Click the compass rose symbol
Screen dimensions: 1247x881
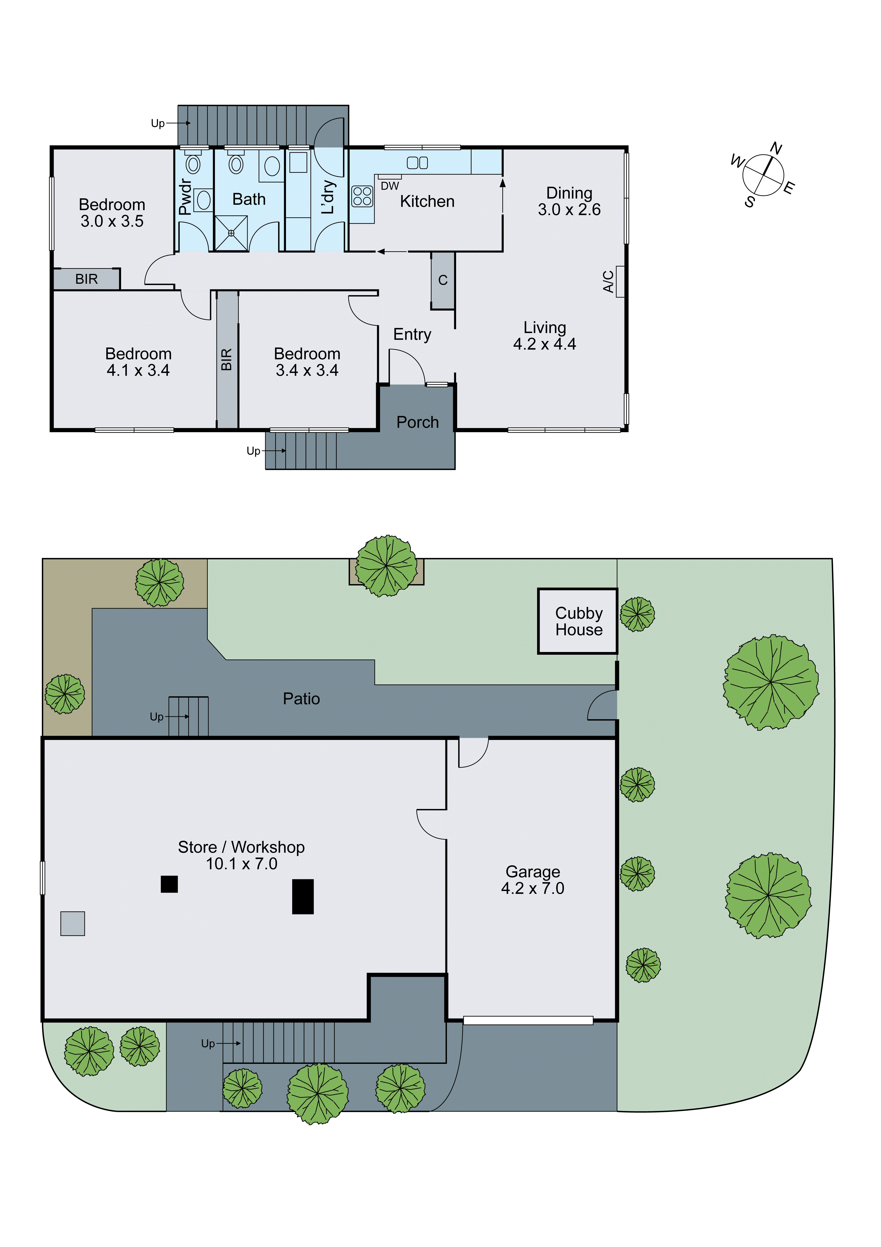pyautogui.click(x=763, y=175)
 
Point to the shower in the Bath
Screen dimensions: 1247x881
pyautogui.click(x=231, y=233)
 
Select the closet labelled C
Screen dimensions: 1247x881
pyautogui.click(x=443, y=280)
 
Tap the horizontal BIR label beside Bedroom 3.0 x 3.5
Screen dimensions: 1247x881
pyautogui.click(x=86, y=279)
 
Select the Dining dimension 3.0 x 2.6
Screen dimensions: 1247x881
pyautogui.click(x=569, y=210)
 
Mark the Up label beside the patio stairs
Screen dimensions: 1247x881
pyautogui.click(x=156, y=717)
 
